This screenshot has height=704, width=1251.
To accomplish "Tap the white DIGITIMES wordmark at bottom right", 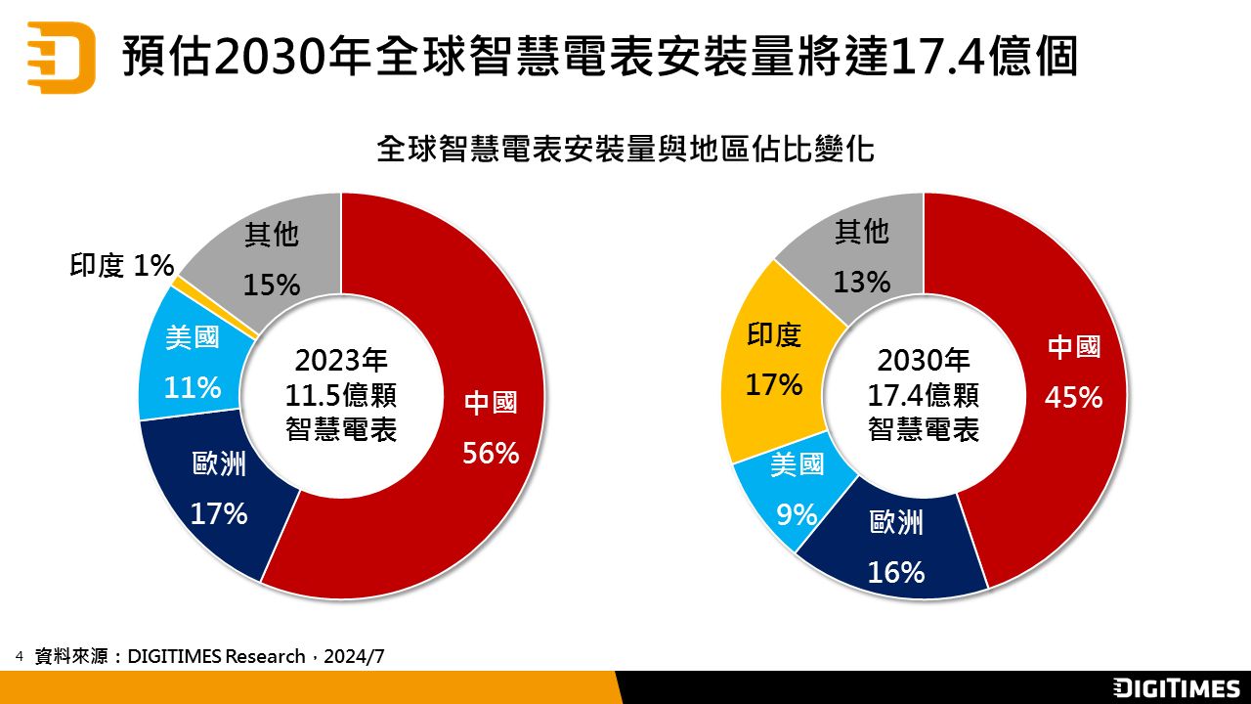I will pos(1177,688).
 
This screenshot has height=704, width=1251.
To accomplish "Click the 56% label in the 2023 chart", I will pos(491,454).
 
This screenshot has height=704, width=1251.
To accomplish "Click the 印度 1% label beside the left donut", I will pos(121,265).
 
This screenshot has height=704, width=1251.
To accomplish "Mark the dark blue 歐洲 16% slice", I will pos(896,548).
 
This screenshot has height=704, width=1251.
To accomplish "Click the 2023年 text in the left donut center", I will pos(341,361).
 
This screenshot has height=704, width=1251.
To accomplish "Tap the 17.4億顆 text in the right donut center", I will pos(924,395).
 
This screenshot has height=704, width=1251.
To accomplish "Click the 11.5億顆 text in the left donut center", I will pos(341,395).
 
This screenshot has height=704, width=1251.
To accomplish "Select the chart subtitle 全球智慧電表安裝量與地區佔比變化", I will pos(625,150).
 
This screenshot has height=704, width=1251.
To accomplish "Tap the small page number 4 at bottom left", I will pos(19,655).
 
